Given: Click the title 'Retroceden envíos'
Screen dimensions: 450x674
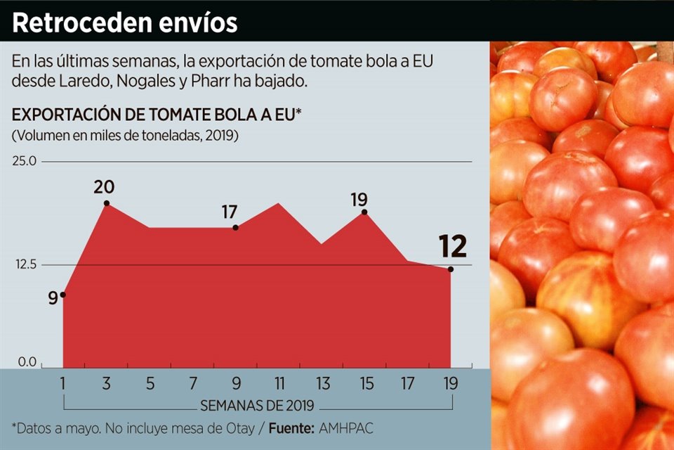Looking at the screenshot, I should (x=125, y=22).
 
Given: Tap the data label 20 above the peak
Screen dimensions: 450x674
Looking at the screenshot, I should (x=104, y=187).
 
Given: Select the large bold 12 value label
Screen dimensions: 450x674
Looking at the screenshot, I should (x=453, y=247).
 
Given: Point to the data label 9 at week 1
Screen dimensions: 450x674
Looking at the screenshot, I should (x=53, y=298).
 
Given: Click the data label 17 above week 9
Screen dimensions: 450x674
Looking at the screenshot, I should (x=230, y=212).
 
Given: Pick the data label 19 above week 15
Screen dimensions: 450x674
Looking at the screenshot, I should (x=359, y=200).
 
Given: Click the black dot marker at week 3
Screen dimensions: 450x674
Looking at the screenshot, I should (x=107, y=203).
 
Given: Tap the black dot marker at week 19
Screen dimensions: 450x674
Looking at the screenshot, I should (x=451, y=269).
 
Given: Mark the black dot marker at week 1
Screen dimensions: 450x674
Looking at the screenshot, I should (x=63, y=295).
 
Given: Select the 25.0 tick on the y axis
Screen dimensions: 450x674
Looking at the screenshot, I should (x=25, y=162).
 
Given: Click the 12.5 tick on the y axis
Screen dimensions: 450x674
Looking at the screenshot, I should (x=25, y=265).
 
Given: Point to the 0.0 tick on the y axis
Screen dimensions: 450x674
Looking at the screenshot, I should (x=27, y=363).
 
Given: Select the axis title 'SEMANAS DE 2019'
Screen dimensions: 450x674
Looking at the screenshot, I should (x=256, y=406).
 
